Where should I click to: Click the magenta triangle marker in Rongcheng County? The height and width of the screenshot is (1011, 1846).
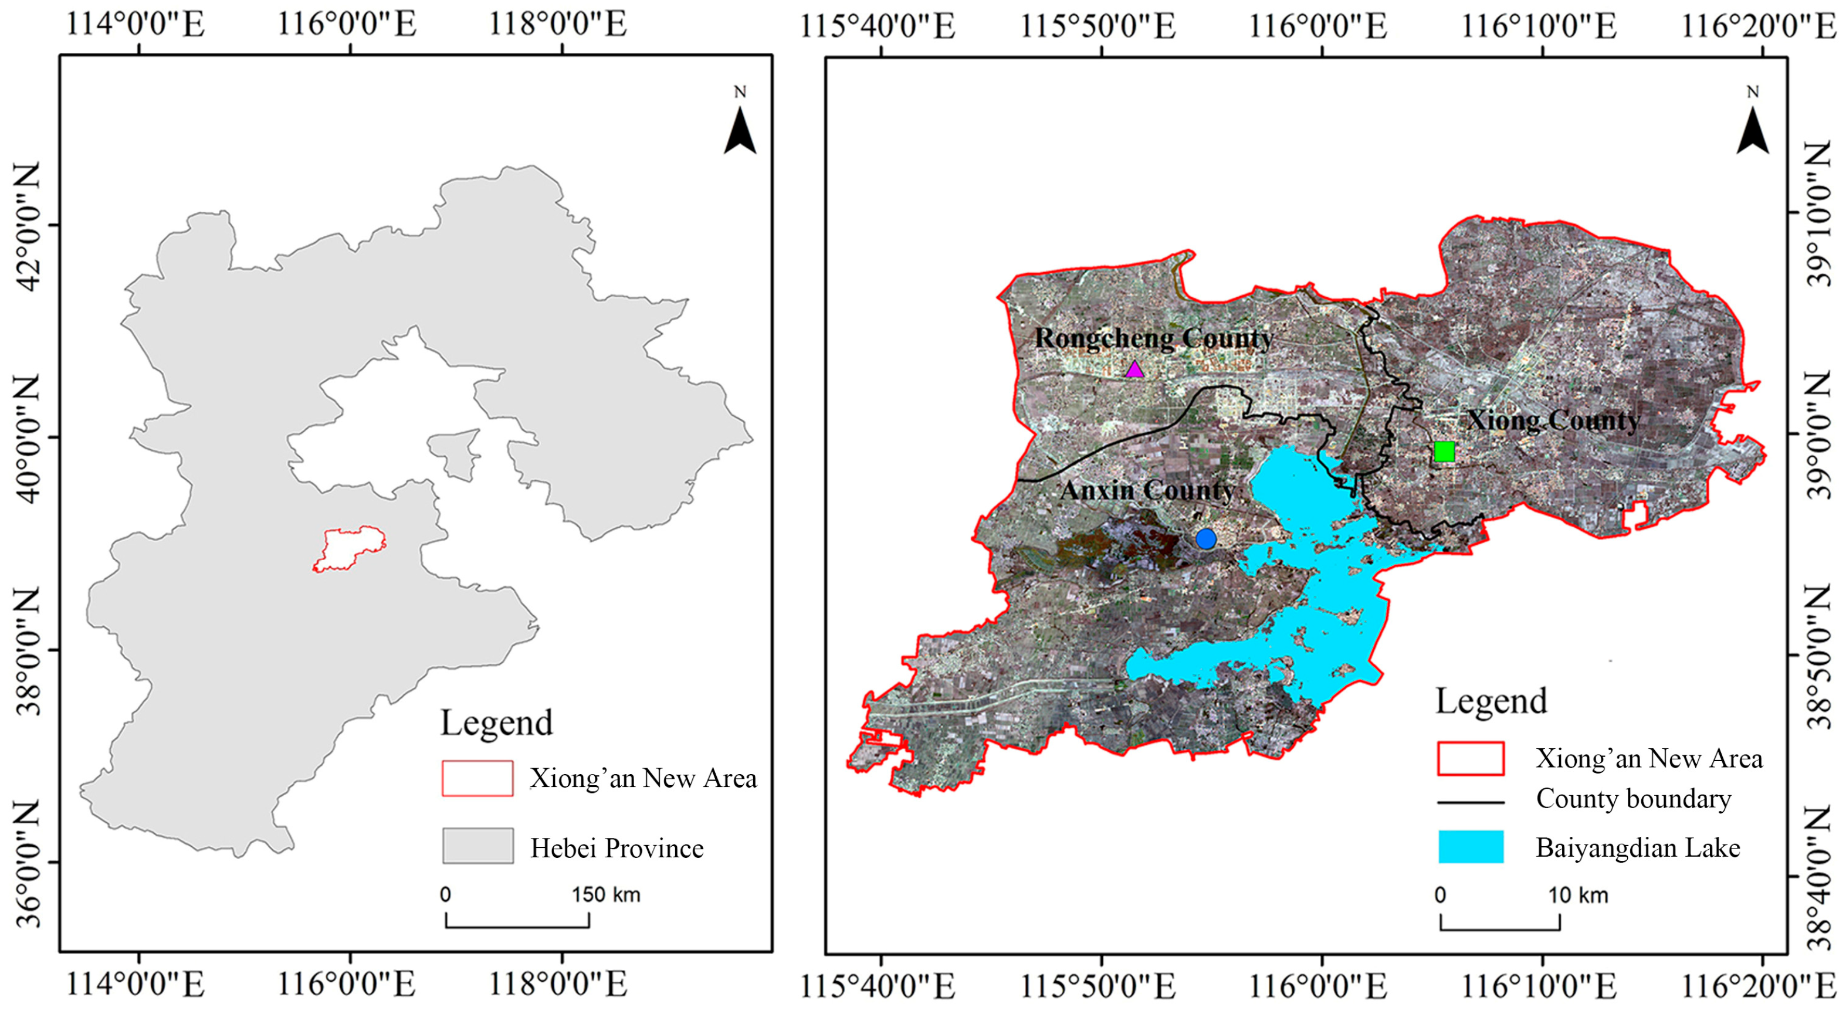click(x=1134, y=369)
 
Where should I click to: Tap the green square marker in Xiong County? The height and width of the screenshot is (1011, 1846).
click(x=1444, y=452)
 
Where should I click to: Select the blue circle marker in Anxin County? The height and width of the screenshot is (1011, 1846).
click(x=1206, y=539)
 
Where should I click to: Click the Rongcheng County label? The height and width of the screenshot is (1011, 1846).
click(x=1154, y=338)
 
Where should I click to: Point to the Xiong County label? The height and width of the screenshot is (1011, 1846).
click(x=1553, y=420)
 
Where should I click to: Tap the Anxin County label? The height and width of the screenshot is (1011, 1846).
click(x=1147, y=490)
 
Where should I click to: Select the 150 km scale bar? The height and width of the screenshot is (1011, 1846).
click(x=517, y=920)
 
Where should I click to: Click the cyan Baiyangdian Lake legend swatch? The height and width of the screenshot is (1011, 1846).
click(x=1471, y=847)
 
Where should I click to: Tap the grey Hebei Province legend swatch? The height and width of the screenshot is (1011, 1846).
click(x=477, y=846)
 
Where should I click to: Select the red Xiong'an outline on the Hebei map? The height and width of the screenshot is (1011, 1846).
click(x=350, y=549)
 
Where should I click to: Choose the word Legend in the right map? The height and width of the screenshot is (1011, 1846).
click(x=1491, y=701)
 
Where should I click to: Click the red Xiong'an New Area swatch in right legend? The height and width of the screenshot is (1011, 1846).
click(x=1471, y=759)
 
